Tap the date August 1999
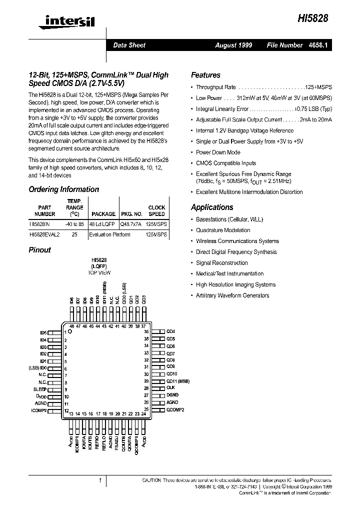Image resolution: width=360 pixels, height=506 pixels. tap(233, 45)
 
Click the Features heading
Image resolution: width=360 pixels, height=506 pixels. tap(205, 75)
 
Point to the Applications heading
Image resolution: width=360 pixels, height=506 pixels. tap(212, 207)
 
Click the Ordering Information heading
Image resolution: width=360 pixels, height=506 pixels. tap(63, 189)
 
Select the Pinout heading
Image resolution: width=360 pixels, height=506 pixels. tap(39, 250)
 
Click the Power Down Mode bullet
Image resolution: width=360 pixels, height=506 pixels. tap(218, 152)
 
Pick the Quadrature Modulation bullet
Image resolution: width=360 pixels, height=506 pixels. tap(223, 230)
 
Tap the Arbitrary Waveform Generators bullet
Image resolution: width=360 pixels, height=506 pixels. tap(232, 295)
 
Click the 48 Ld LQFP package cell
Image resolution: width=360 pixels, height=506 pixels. tap(102, 224)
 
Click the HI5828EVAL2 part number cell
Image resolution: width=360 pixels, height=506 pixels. tap(44, 234)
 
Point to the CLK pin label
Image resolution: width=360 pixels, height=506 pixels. tap(170, 388)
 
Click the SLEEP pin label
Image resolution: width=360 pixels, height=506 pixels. tap(40, 389)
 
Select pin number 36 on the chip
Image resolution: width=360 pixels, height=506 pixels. tap(146, 331)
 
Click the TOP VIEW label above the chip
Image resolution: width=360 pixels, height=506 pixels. tap(99, 272)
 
